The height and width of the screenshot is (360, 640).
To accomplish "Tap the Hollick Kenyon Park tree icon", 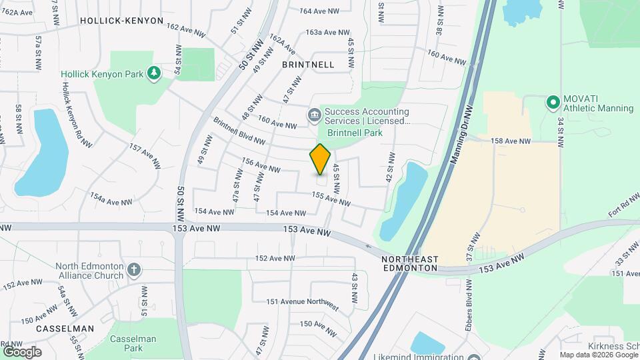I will coord(155,73).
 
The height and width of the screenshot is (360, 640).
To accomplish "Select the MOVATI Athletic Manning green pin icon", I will coord(552,103).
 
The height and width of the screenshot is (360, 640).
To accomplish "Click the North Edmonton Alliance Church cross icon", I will coord(134,270).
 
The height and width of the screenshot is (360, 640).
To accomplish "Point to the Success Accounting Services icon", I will coord(313,116).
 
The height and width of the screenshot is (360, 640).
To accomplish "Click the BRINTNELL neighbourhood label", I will coord(307,65).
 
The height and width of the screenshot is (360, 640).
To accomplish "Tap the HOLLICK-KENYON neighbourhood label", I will coord(121,21).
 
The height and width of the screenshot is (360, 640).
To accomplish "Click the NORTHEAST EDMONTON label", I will coord(410,263).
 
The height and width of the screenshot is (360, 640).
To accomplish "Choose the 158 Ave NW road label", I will coord(510,141).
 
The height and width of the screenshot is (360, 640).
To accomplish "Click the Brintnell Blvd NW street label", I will coord(239,131).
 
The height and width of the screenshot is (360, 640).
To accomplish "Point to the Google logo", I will coord(22,351).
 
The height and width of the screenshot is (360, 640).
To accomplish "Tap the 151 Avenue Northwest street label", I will coord(302,301).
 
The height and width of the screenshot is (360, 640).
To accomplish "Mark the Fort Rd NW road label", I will coord(623,207).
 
